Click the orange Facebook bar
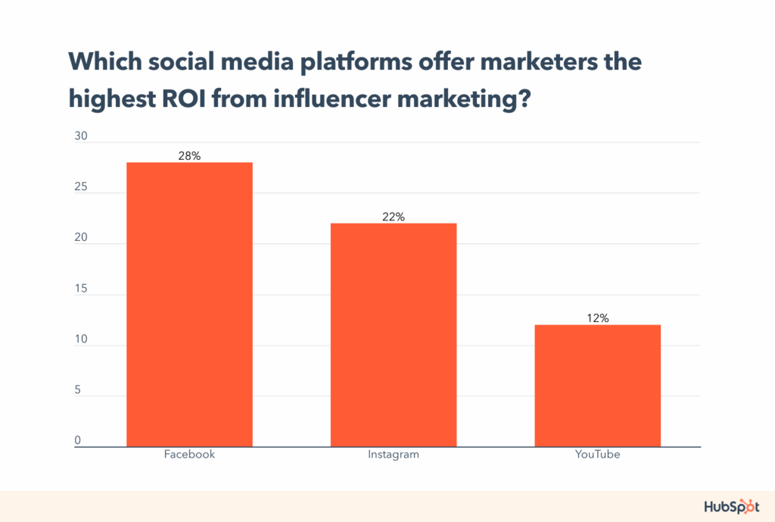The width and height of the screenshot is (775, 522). [x=189, y=304]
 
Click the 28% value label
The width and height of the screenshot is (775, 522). [x=189, y=156]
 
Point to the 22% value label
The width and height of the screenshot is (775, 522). [x=394, y=217]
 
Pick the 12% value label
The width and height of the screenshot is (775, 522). [x=598, y=318]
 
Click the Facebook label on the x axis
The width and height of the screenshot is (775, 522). [x=189, y=455]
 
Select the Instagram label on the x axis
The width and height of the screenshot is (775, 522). [x=394, y=455]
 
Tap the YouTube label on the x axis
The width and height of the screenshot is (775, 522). [x=598, y=455]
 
